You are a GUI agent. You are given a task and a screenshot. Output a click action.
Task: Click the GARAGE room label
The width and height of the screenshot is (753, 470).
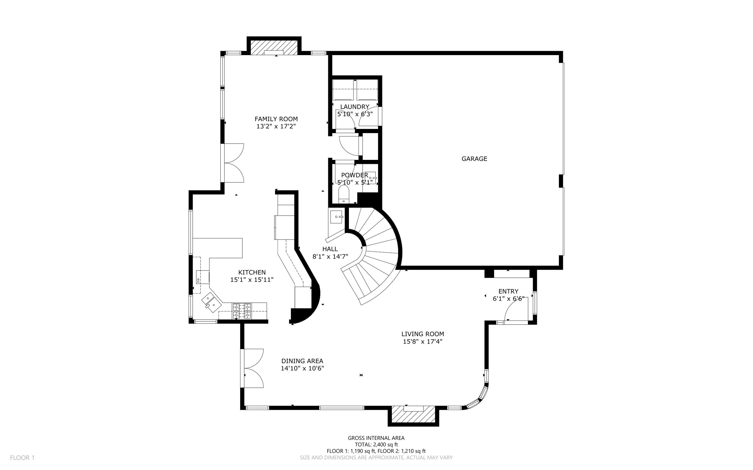point(474,159)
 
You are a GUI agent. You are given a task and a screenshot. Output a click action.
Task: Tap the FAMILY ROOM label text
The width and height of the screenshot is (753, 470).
point(276,119)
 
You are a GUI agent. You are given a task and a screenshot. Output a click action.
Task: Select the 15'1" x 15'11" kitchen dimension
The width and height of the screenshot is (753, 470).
point(252,280)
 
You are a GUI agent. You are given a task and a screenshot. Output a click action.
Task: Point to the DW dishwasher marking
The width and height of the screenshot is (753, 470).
point(199,280)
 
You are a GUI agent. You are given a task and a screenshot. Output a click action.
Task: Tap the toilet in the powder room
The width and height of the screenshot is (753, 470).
point(344,193)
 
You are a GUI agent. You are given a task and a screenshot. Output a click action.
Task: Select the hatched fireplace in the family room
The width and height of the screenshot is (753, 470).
point(274,47)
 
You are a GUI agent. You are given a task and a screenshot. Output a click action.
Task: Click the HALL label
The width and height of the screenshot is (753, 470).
point(330,249)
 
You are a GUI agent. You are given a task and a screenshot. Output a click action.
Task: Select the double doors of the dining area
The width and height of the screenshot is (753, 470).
point(253,368)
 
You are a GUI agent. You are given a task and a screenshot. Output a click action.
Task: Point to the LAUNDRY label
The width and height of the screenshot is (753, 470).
point(354,107)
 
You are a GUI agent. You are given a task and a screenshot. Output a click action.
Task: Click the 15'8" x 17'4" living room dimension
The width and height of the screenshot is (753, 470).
point(422,341)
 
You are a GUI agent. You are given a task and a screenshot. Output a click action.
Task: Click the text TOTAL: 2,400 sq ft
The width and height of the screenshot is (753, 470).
point(376,444)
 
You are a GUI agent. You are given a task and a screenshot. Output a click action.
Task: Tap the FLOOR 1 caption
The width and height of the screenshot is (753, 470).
point(22,458)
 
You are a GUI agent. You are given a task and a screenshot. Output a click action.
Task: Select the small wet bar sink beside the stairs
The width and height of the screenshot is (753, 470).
point(336,217)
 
